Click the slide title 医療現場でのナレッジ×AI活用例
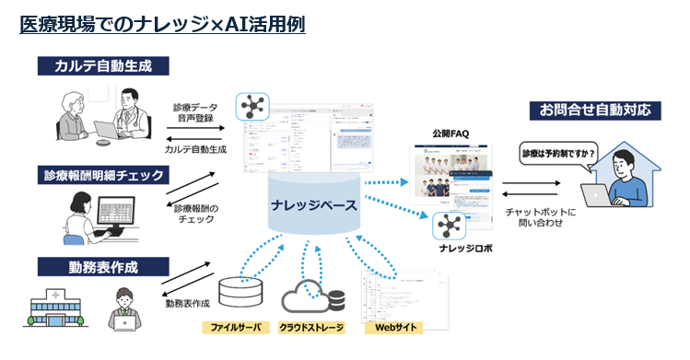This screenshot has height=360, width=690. (162, 24)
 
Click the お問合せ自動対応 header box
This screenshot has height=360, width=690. (601, 110)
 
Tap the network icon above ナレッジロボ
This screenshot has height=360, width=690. (450, 225)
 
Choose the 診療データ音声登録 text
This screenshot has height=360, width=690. (194, 112)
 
